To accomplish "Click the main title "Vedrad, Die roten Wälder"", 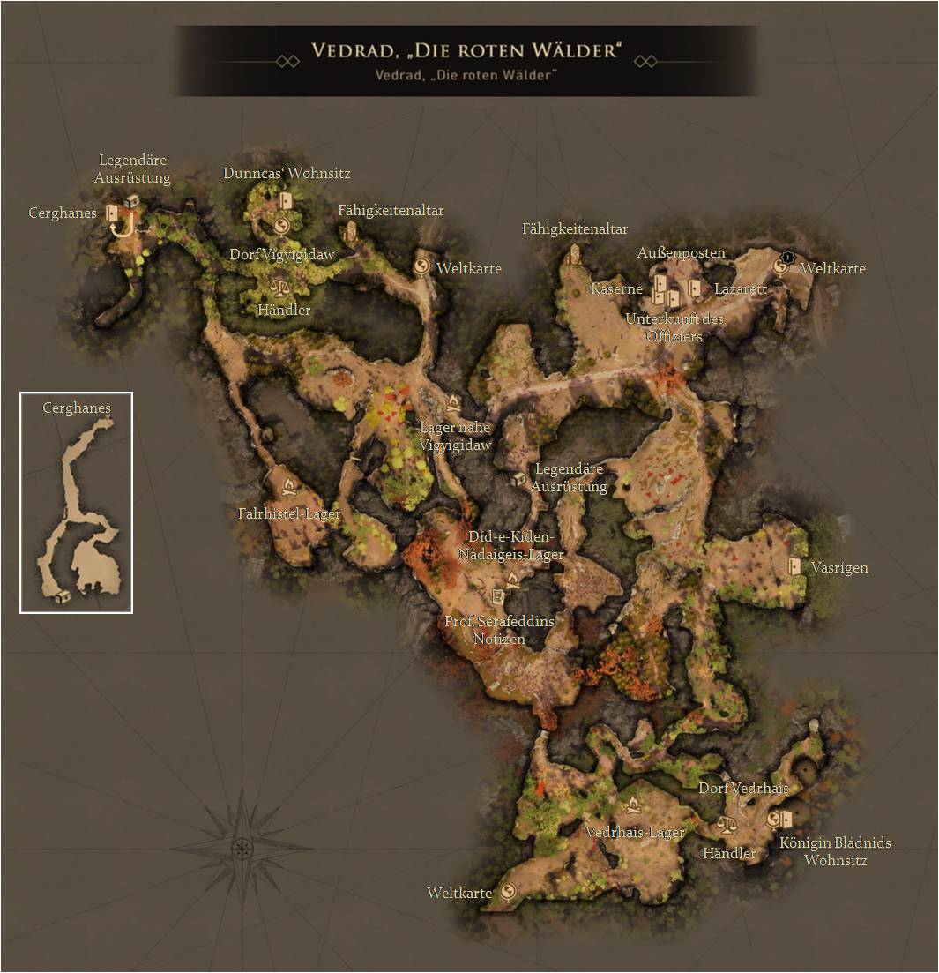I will click(466, 50).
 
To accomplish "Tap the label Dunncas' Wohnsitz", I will click(287, 174).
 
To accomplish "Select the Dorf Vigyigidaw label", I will click(282, 255).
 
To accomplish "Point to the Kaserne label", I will click(617, 289).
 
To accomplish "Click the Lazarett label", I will click(741, 289).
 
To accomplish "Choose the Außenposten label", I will click(681, 253).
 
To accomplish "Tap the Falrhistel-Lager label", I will click(289, 513).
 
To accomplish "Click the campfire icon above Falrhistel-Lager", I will click(288, 487).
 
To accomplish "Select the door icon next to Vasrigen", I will click(795, 566).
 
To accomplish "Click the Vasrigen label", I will click(839, 567).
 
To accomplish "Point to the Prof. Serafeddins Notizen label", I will click(499, 630).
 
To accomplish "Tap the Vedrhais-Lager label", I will click(635, 833).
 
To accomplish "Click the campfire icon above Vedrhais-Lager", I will click(632, 805).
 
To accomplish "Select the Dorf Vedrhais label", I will click(743, 788).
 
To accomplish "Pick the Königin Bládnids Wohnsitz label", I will click(835, 851).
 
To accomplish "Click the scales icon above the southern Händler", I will click(727, 825).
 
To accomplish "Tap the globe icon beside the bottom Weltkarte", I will click(508, 893).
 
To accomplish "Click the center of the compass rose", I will click(242, 848).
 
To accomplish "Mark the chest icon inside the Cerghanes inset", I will click(63, 597).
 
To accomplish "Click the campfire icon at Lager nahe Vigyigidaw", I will click(453, 402).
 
